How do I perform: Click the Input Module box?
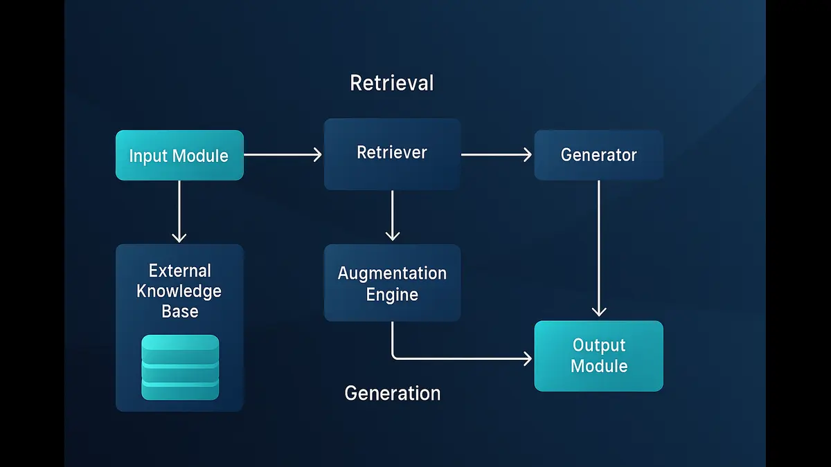coord(179,156)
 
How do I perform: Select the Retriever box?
coord(392,154)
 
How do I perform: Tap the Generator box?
coord(598,155)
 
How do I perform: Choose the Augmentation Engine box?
coord(392,283)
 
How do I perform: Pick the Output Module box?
coord(598,356)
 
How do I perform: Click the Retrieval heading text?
coord(392,83)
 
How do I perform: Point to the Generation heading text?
coord(392,393)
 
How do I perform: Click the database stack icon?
coord(180,367)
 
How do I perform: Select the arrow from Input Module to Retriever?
coord(283,155)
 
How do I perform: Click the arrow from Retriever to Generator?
coord(495,155)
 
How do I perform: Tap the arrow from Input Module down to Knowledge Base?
coord(179,211)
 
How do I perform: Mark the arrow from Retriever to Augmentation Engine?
coord(392,215)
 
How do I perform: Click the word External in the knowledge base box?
coord(180,271)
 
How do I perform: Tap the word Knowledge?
coord(179,291)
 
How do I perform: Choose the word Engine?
coord(392,295)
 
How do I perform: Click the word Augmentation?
coord(392,273)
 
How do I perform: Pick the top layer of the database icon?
coord(180,345)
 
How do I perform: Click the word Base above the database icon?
coord(180,311)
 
